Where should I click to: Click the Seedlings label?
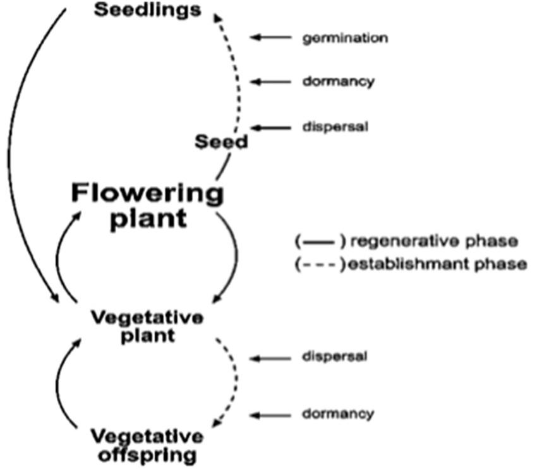(x=148, y=11)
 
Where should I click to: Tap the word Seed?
(x=220, y=142)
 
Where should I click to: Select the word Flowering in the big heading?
(x=147, y=193)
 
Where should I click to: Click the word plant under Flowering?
(x=148, y=219)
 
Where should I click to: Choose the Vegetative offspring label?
(x=147, y=445)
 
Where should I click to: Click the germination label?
(x=344, y=39)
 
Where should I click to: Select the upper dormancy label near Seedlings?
(x=338, y=82)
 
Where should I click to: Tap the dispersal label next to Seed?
(x=335, y=126)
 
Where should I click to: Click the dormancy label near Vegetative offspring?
(x=338, y=414)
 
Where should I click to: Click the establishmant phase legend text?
(x=436, y=264)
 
